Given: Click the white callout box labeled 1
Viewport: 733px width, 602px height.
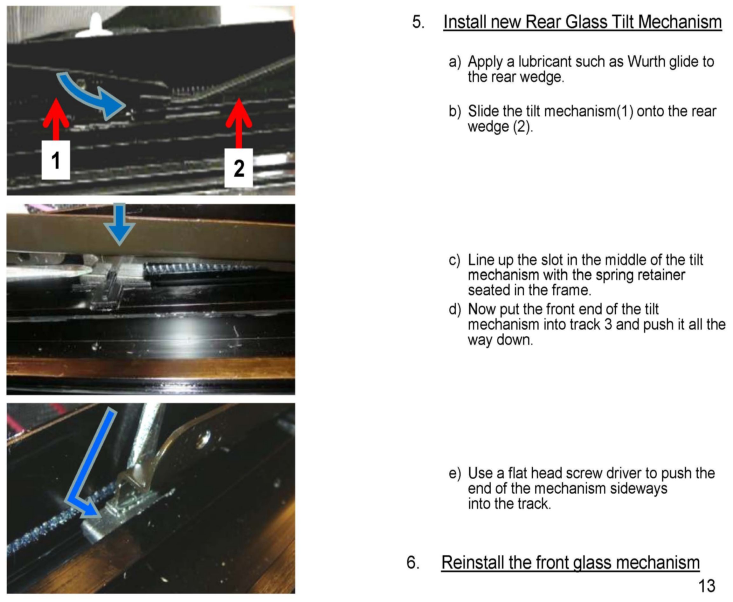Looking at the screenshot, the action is [x=56, y=160].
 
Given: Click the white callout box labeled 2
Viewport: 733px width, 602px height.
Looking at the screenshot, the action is [x=239, y=168].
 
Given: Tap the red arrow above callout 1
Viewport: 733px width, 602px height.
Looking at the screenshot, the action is [x=56, y=119].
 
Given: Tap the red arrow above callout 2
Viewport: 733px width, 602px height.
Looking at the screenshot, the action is [x=239, y=123].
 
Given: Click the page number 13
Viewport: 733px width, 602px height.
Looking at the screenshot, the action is [x=707, y=586].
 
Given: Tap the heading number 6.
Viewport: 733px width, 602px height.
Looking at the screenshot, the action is [x=413, y=562].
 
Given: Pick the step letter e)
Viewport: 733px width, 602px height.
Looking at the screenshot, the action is [x=455, y=473].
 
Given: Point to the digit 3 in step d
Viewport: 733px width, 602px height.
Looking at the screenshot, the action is [x=608, y=325].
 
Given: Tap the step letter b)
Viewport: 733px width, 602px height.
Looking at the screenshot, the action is [x=455, y=111].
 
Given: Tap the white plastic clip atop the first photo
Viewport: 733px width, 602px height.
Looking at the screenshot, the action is [x=94, y=26].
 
